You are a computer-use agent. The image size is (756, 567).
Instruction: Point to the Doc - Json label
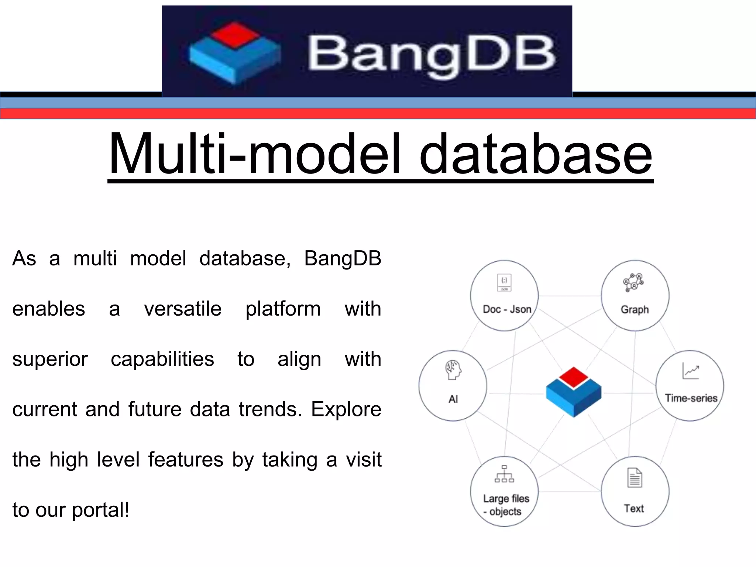coord(507,309)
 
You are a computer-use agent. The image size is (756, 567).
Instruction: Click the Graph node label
coord(635,309)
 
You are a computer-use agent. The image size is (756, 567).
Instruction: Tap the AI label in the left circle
coord(453,399)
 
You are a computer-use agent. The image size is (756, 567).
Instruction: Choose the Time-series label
coord(691,398)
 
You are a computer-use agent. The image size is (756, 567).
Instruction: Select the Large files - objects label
coord(506,505)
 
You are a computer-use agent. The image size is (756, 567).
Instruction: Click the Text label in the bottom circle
coord(634,508)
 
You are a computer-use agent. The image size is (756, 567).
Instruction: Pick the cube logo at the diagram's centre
coord(573,392)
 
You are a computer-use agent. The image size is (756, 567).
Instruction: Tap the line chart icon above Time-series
coord(691,371)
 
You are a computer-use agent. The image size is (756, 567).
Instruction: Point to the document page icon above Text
coord(635,478)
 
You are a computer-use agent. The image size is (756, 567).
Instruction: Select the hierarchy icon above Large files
coord(504,474)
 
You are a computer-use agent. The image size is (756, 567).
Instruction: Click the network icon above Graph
coord(633,282)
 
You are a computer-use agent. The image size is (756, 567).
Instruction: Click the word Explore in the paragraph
coord(346,409)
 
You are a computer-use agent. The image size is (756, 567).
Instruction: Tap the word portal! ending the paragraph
coord(100,510)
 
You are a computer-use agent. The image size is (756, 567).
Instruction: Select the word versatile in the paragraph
coord(183,309)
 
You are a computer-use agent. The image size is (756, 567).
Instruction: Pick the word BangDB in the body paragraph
coord(343,258)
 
